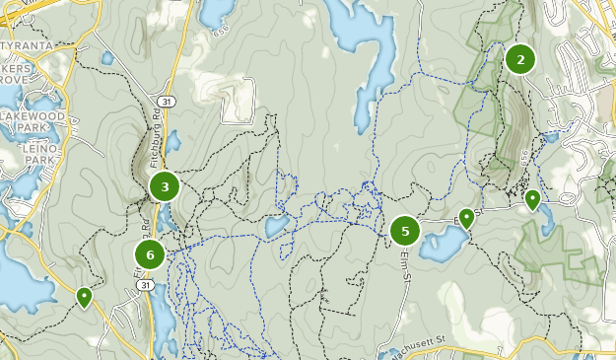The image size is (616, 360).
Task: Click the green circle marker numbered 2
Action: click(519, 59)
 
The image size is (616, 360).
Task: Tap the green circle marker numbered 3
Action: click(165, 185)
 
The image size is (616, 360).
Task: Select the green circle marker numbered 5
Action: click(405, 231)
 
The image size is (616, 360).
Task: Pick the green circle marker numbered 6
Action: click(150, 255)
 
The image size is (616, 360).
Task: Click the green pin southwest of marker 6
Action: click(85, 295)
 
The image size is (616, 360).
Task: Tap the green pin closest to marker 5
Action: click(466, 218)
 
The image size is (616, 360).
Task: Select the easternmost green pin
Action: click(532, 200)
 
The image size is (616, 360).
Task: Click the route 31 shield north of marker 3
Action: click(167, 102)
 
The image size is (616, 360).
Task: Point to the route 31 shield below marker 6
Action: click(146, 285)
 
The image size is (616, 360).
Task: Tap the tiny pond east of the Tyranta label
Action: click(106, 57)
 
